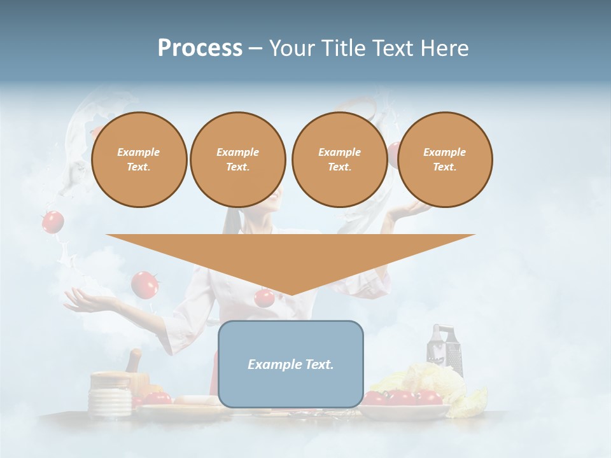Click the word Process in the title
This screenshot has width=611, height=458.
pos(200,48)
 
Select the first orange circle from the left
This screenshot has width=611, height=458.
pos(139,160)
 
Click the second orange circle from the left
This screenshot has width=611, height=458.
pos(238,160)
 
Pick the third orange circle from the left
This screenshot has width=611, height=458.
pos(340,160)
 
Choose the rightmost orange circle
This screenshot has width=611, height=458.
pos(445,160)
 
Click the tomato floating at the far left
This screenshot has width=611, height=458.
pos(53,221)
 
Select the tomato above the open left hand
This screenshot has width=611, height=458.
pos(145,284)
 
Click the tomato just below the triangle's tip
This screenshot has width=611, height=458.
pos(263,298)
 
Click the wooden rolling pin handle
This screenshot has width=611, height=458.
pos(134,361)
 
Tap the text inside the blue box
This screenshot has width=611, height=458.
pos(291,364)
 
